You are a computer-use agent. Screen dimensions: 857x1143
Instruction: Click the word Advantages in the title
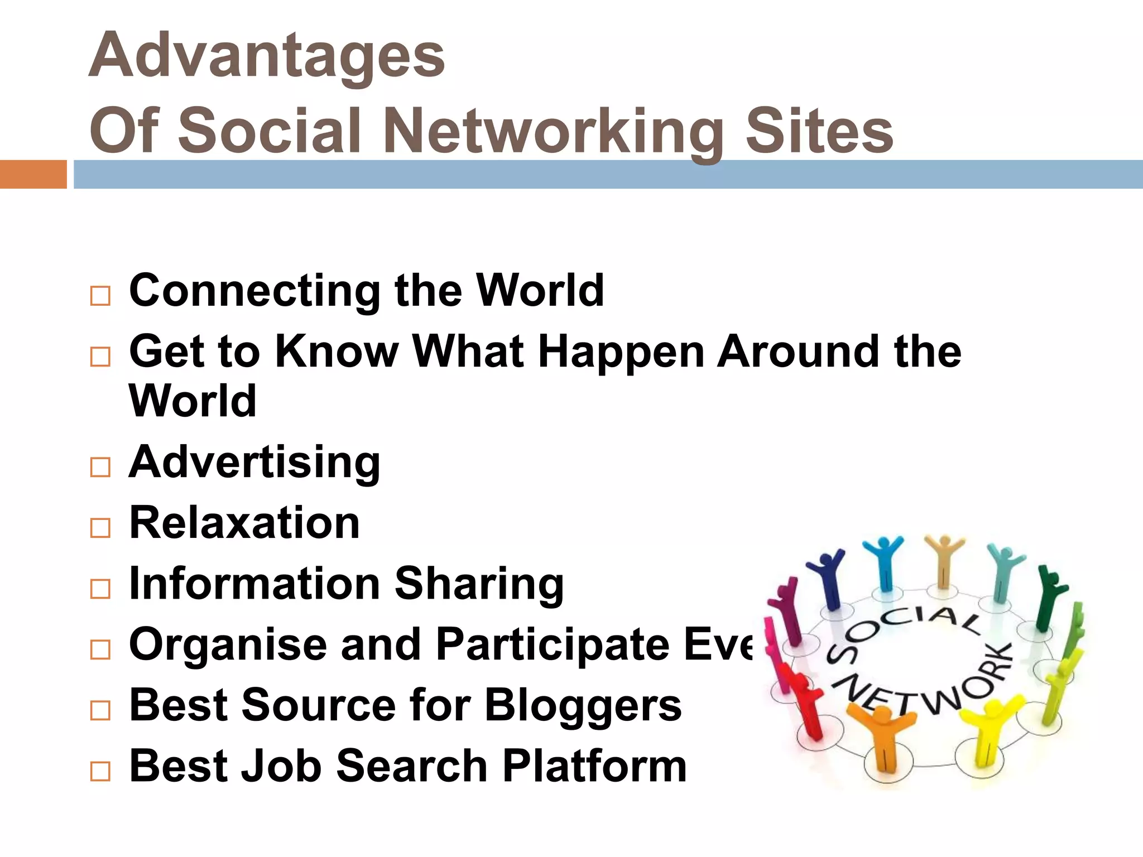tap(267, 56)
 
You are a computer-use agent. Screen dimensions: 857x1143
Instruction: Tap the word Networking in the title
tap(553, 132)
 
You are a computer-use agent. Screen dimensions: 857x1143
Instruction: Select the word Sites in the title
tap(819, 132)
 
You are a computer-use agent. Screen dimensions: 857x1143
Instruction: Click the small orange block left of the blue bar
tap(33, 174)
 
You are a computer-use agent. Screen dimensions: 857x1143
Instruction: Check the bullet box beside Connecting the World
tap(100, 296)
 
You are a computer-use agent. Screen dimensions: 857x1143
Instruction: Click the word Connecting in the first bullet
tap(254, 291)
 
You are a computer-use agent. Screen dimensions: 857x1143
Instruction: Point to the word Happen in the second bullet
tap(621, 353)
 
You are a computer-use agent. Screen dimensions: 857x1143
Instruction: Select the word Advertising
tap(254, 463)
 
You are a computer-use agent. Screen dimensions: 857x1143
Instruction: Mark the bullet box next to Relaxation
tap(100, 527)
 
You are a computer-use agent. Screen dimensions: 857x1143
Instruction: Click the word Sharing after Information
tap(479, 585)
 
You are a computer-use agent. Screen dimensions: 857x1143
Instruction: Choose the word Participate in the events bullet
tap(553, 645)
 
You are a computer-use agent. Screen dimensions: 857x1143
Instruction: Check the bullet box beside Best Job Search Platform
tap(100, 772)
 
